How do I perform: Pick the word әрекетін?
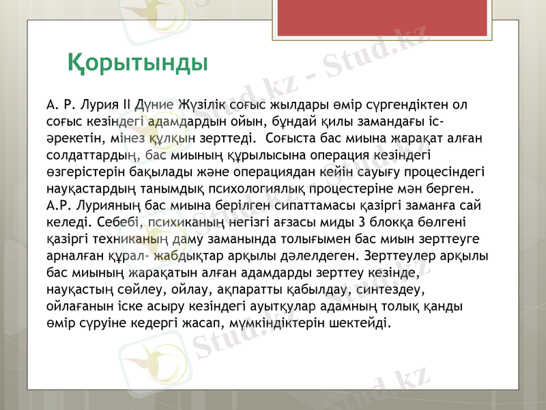click(72, 137)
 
